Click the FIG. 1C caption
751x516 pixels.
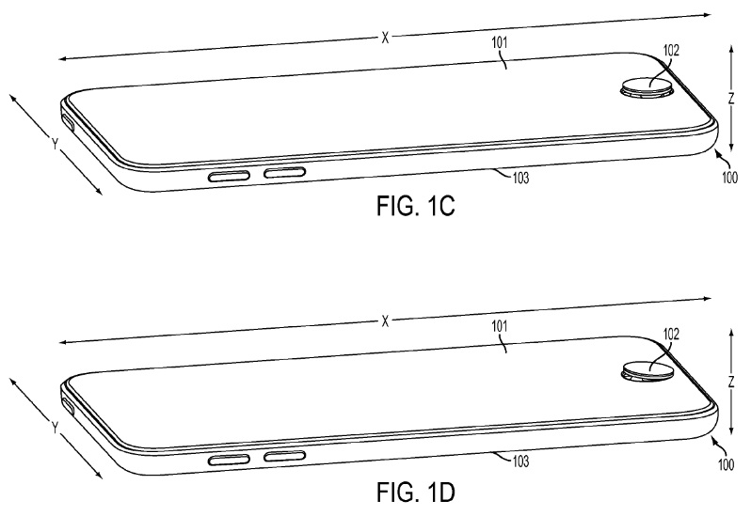pyautogui.click(x=415, y=206)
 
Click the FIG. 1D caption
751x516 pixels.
pyautogui.click(x=415, y=493)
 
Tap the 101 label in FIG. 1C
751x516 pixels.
pyautogui.click(x=499, y=42)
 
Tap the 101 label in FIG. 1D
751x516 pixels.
pyautogui.click(x=499, y=327)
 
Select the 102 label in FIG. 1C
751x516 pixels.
pyautogui.click(x=670, y=50)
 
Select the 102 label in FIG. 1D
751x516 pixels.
pyautogui.click(x=670, y=334)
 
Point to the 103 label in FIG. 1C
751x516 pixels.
pyautogui.click(x=520, y=178)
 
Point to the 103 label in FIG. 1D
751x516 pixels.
pyautogui.click(x=520, y=461)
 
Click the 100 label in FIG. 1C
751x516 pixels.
pyautogui.click(x=729, y=178)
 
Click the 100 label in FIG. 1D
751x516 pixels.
pyautogui.click(x=727, y=464)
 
